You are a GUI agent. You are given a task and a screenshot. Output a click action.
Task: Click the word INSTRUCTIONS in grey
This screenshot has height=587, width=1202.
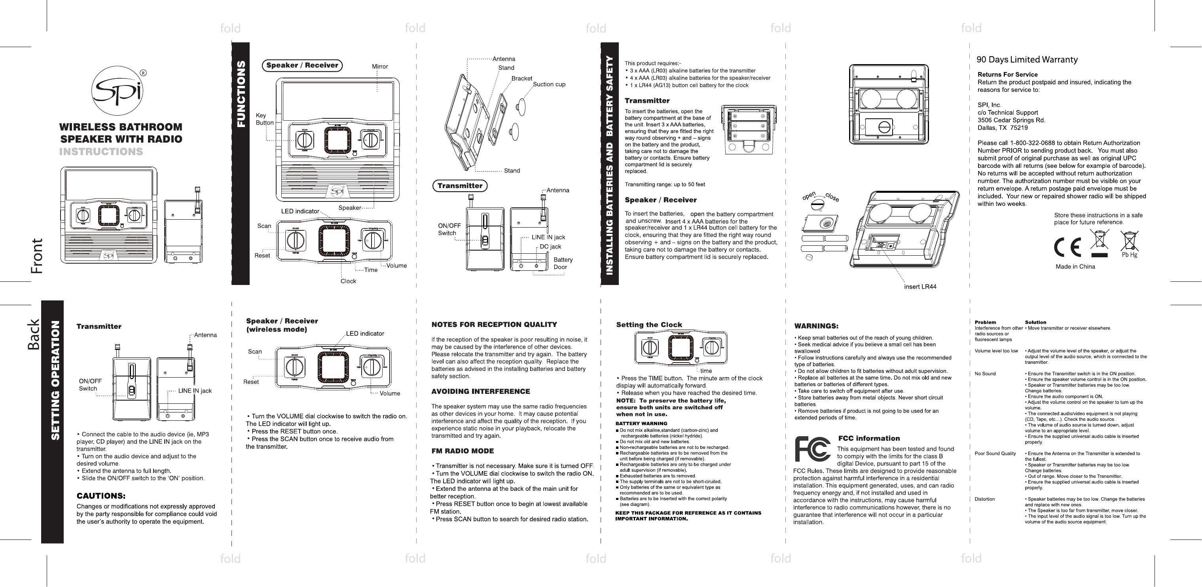coord(101,152)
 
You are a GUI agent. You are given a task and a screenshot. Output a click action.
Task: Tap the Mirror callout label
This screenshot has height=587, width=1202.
coord(379,66)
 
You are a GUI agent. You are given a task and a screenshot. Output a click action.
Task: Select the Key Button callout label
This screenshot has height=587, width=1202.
coord(264,119)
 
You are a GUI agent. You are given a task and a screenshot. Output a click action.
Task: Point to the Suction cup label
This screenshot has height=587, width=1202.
coord(549,85)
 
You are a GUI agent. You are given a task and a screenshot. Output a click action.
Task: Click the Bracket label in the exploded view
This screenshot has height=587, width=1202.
coord(522,78)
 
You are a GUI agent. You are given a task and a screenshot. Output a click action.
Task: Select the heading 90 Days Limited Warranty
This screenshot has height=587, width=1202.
coord(1027,60)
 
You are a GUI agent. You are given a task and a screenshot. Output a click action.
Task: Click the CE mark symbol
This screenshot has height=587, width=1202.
coord(1067,247)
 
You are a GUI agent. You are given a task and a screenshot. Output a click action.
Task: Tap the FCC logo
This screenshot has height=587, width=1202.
coord(812,449)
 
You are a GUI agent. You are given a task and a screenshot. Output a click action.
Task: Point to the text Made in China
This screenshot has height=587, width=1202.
coord(1075,267)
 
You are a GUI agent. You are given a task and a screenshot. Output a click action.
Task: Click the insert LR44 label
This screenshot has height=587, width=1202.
coord(920,287)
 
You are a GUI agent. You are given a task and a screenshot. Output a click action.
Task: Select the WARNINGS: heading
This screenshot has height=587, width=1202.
coord(816,326)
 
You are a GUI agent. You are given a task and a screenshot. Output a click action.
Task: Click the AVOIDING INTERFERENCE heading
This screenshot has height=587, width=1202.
coord(480,391)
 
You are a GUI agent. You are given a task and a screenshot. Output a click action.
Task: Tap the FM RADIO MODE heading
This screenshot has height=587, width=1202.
coord(462,451)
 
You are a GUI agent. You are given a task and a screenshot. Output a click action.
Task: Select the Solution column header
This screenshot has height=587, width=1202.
coord(1035,322)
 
